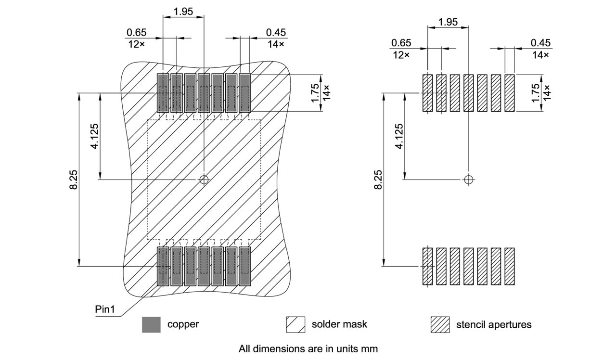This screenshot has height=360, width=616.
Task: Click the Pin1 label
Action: point(105,309)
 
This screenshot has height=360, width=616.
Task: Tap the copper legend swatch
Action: point(151,324)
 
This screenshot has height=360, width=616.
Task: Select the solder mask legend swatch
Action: point(295,324)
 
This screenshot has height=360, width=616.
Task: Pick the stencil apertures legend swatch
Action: point(440,324)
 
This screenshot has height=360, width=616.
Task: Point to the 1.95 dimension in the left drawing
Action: point(183,11)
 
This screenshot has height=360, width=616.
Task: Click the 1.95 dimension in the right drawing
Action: point(448,22)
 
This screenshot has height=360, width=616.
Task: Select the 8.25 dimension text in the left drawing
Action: point(74,179)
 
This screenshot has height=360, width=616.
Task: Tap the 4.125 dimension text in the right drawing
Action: point(399,136)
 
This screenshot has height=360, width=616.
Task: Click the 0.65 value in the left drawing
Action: point(136,33)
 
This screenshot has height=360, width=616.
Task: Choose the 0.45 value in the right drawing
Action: point(540,43)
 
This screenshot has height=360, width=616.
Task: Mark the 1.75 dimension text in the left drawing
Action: point(315,93)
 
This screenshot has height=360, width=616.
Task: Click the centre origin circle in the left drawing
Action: point(204,180)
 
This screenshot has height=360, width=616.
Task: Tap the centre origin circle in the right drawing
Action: point(468,180)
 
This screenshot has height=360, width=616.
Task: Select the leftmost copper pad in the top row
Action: point(163,93)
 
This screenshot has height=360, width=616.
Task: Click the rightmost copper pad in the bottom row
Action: point(245,266)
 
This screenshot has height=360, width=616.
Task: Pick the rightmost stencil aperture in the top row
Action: point(510,93)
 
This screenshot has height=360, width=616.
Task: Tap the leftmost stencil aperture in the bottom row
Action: point(427,266)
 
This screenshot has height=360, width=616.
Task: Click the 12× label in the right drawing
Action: point(401,55)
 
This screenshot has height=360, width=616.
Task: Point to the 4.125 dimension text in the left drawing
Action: point(95,136)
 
